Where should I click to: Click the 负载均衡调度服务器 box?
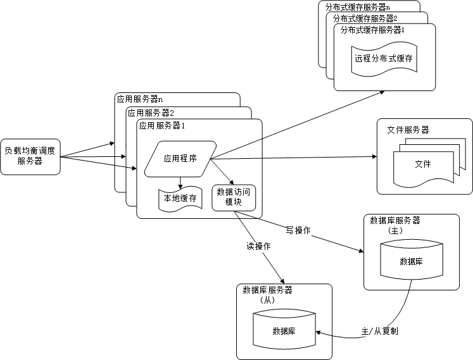click(30, 156)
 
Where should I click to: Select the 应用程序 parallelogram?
click(180, 158)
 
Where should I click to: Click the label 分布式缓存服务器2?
click(365, 18)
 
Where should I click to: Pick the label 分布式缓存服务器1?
click(372, 30)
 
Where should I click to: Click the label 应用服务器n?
click(139, 99)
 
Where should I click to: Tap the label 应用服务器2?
click(151, 113)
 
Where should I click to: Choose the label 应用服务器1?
click(162, 125)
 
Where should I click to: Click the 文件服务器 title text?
click(408, 130)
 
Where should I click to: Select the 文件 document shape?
click(422, 164)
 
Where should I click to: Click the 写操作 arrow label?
click(298, 230)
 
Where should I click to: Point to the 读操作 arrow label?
click(258, 246)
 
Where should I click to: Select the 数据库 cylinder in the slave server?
click(284, 330)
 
